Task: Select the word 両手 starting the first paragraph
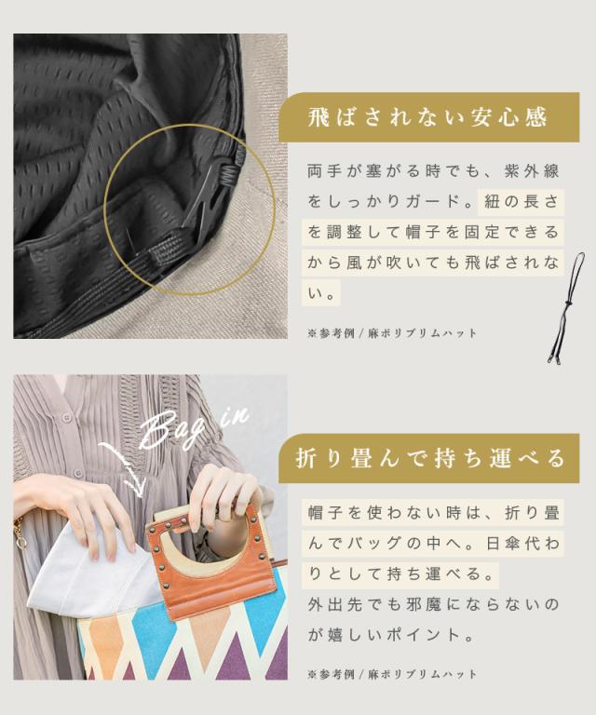(318, 172)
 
